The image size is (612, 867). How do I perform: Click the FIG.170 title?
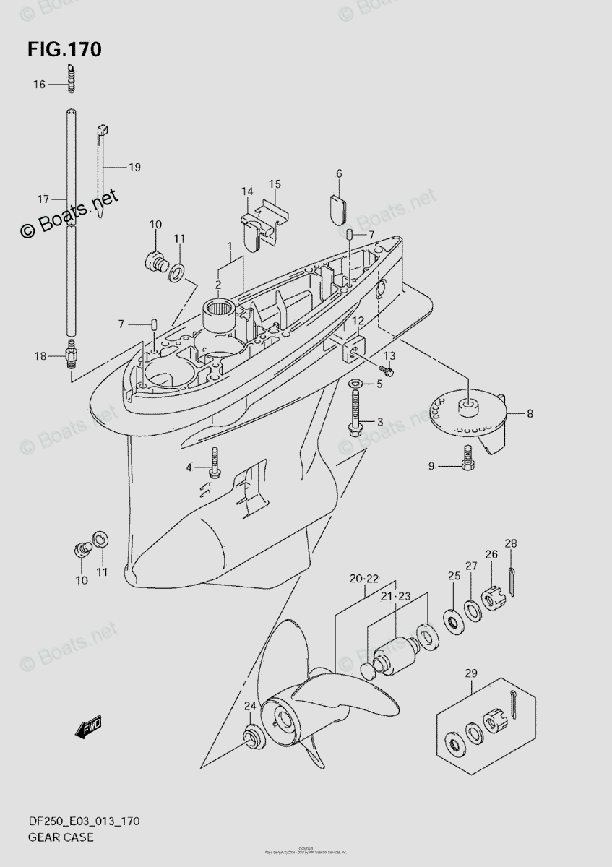(x=64, y=50)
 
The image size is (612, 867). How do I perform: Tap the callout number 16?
(x=38, y=85)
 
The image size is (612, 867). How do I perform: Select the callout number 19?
(x=134, y=167)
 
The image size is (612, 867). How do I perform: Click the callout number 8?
(x=530, y=414)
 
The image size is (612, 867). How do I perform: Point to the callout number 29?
(x=471, y=674)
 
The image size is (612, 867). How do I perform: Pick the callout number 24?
(x=249, y=706)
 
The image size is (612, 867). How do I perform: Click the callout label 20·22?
(x=364, y=579)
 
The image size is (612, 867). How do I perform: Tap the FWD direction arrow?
(x=89, y=726)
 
